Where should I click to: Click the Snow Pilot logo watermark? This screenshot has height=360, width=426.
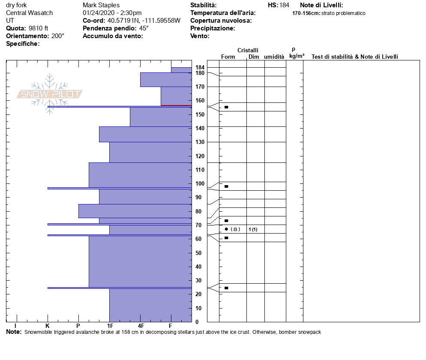coord(50,94)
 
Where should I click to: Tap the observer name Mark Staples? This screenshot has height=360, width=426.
coord(101,5)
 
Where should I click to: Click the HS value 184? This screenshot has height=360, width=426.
coord(284,5)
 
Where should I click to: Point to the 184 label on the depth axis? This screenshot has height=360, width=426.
coord(200,68)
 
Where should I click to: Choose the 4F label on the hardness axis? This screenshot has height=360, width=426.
coord(141,327)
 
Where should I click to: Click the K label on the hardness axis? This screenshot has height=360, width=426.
coord(48,327)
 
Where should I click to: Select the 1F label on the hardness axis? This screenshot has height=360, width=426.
coord(110,327)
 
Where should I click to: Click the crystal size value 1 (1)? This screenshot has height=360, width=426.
coord(253,229)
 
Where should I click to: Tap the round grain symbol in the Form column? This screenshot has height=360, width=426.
coord(226,229)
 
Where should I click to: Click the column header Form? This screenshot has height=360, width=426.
coord(228,57)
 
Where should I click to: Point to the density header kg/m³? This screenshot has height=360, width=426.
coord(297,56)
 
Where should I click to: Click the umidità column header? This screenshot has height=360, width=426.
coord(274,57)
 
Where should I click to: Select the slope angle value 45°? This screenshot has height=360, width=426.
coord(144,28)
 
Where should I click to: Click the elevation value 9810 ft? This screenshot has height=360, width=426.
coord(38,28)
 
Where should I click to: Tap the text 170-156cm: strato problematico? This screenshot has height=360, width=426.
coord(329,13)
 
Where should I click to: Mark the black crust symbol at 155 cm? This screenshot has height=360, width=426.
coord(226,107)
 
